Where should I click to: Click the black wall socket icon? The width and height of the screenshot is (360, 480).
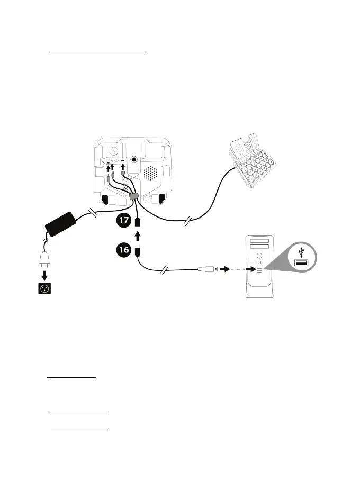tap(44, 289)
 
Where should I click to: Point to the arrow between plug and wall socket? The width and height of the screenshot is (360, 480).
tap(44, 275)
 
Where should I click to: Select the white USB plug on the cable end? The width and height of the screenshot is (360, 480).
tap(207, 269)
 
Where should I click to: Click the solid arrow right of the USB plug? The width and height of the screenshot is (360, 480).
tap(226, 269)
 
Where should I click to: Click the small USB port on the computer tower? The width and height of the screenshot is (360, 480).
tap(259, 269)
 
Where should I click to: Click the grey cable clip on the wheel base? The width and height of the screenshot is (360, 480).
tap(133, 196)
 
